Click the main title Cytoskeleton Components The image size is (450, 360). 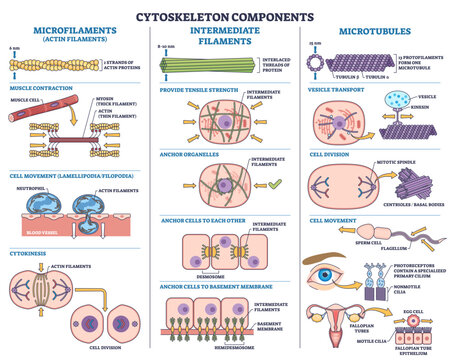224,13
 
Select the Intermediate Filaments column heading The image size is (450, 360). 224,36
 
